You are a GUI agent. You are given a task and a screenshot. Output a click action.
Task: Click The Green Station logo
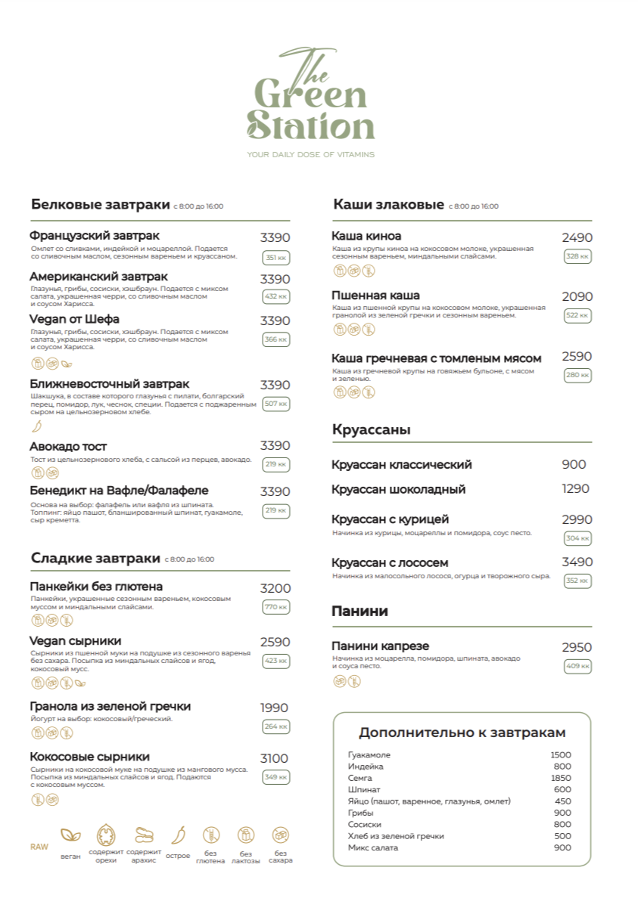(x=310, y=97)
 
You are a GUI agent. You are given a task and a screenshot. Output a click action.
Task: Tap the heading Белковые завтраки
(x=101, y=204)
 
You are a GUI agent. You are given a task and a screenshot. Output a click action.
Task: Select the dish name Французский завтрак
(x=95, y=236)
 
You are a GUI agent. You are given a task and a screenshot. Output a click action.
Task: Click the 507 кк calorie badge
(x=276, y=404)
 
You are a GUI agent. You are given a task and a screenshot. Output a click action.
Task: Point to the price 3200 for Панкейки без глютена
(x=275, y=588)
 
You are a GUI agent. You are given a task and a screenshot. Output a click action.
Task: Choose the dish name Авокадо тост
(x=68, y=446)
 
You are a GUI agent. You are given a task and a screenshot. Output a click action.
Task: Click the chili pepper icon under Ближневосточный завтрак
(x=36, y=426)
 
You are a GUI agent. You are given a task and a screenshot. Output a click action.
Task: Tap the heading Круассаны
(x=371, y=429)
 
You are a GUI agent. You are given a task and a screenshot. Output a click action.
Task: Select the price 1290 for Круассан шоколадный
(x=575, y=488)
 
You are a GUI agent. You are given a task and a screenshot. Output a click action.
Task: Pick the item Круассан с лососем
(x=390, y=562)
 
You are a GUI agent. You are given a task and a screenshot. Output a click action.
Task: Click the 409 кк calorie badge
(x=577, y=666)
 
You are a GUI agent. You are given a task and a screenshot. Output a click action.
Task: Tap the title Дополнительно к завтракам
(x=462, y=733)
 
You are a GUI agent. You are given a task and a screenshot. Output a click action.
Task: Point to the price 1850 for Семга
(x=561, y=778)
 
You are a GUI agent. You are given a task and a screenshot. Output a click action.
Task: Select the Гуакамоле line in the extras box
(x=369, y=754)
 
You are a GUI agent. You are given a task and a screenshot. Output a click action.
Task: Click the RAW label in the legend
(x=39, y=847)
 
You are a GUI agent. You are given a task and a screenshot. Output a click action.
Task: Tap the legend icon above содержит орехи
(x=106, y=835)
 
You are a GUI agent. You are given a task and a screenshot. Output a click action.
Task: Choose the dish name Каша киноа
(x=366, y=236)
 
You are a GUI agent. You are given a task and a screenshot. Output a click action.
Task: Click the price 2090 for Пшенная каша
(x=577, y=296)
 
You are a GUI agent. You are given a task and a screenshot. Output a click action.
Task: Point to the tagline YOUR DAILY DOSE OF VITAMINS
(x=310, y=154)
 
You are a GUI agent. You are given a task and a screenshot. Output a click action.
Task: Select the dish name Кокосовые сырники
(x=89, y=757)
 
